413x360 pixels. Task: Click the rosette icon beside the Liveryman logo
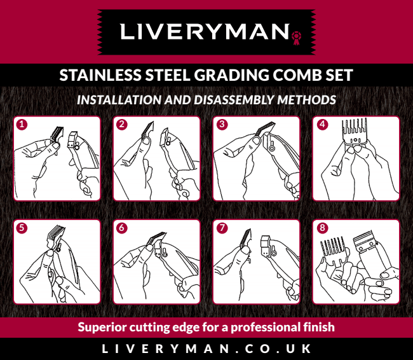pyautogui.click(x=297, y=38)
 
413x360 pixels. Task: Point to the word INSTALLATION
pyautogui.click(x=119, y=100)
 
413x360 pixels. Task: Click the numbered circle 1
pyautogui.click(x=22, y=124)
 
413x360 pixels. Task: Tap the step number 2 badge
pyautogui.click(x=122, y=124)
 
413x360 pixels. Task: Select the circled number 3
pyautogui.click(x=222, y=124)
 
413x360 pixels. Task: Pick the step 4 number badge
pyautogui.click(x=322, y=124)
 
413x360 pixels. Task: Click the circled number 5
pyautogui.click(x=22, y=228)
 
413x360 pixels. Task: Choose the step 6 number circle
pyautogui.click(x=122, y=228)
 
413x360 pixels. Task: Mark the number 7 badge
pyautogui.click(x=222, y=228)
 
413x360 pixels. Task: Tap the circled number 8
pyautogui.click(x=322, y=228)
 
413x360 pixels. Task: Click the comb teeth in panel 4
pyautogui.click(x=355, y=126)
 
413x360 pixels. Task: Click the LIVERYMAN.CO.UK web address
pyautogui.click(x=207, y=349)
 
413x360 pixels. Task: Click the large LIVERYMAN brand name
pyautogui.click(x=205, y=32)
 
